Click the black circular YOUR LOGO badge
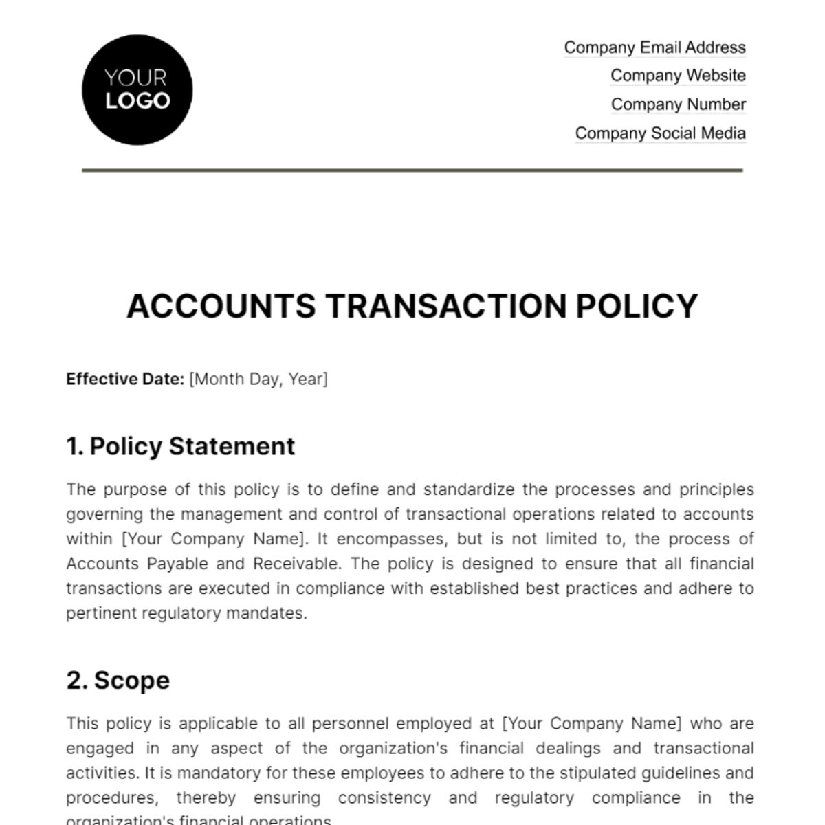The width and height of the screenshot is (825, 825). (137, 90)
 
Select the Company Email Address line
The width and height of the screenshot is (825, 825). (654, 47)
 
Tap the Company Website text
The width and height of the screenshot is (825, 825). (678, 76)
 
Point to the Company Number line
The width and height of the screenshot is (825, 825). (678, 104)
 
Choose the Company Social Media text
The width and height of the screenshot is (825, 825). (660, 133)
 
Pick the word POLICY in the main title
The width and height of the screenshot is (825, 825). (637, 306)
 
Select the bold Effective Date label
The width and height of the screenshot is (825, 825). (125, 379)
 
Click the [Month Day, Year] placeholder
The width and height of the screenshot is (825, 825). (258, 379)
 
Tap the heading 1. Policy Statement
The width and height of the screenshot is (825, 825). (180, 446)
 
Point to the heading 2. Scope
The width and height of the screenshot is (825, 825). (118, 680)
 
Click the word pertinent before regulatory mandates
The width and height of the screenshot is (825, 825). (101, 613)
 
